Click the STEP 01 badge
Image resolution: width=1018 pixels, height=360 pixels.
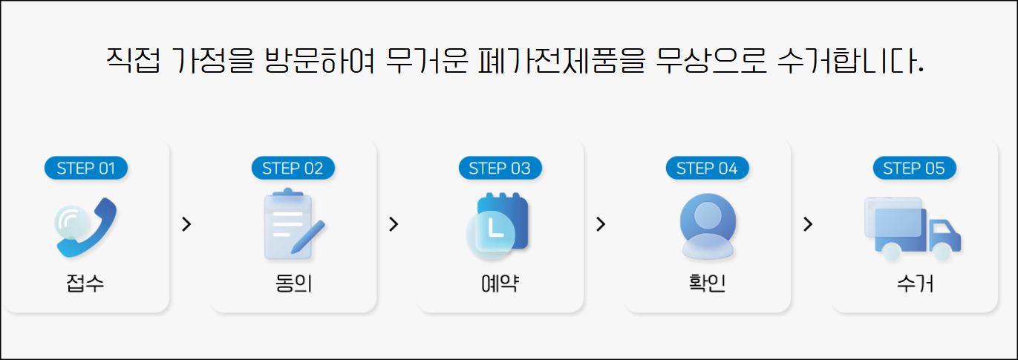(x=86, y=168)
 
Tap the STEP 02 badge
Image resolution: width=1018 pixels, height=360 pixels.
(x=293, y=168)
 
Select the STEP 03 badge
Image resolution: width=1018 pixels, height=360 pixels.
(x=500, y=168)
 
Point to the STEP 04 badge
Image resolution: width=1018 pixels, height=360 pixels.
(x=708, y=168)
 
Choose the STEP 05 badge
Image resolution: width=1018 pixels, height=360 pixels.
(x=914, y=168)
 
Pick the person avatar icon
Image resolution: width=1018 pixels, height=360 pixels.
(x=708, y=226)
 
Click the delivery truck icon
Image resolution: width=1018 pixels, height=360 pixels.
(x=913, y=227)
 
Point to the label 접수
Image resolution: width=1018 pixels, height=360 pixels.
(x=85, y=284)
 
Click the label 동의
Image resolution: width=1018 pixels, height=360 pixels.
(x=293, y=284)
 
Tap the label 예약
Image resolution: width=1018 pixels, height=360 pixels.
(x=500, y=284)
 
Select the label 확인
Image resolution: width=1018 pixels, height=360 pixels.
(x=708, y=284)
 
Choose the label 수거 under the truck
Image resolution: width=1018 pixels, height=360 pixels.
(x=914, y=284)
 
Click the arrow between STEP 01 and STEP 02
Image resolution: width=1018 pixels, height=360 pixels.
(x=186, y=224)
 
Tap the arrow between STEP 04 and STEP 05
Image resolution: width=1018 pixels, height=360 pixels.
(x=808, y=224)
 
